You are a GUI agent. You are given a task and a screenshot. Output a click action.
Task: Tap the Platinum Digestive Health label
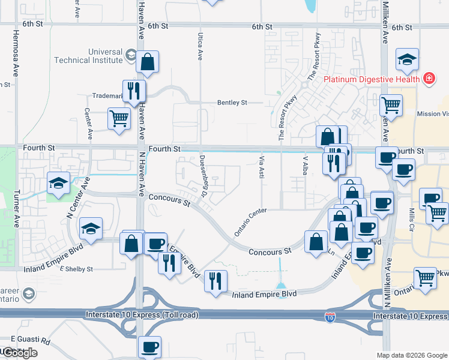[x=372, y=79]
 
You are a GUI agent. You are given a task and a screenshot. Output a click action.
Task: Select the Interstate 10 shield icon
[x=330, y=316]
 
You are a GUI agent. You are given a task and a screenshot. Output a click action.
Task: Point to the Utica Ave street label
[x=200, y=46]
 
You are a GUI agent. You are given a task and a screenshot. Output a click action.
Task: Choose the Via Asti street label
[x=261, y=167]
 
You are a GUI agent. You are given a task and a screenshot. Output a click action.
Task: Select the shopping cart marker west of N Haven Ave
[x=118, y=118]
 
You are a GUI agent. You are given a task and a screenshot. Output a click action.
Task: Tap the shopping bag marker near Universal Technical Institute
[x=146, y=62]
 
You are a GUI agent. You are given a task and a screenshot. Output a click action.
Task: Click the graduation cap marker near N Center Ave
[x=58, y=184]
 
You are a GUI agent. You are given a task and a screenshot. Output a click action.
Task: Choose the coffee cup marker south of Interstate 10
[x=149, y=346]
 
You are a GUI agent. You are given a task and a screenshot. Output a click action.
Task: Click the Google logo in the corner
[x=20, y=352]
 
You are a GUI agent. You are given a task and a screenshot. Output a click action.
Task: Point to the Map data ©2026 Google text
[x=411, y=355]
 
